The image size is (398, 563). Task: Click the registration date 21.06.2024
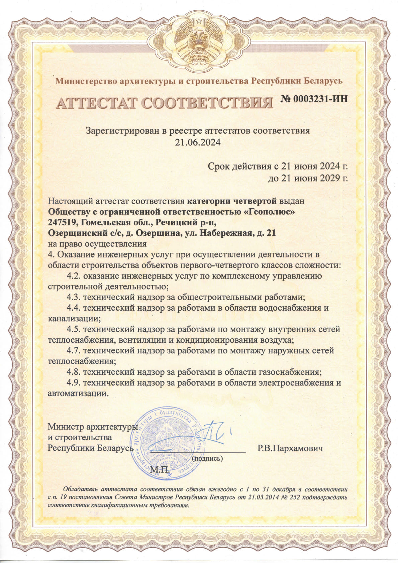[x=198, y=142]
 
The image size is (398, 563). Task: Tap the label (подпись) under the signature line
[x=207, y=458]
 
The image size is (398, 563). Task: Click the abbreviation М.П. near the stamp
[x=160, y=470]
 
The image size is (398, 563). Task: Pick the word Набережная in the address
[x=225, y=233]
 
